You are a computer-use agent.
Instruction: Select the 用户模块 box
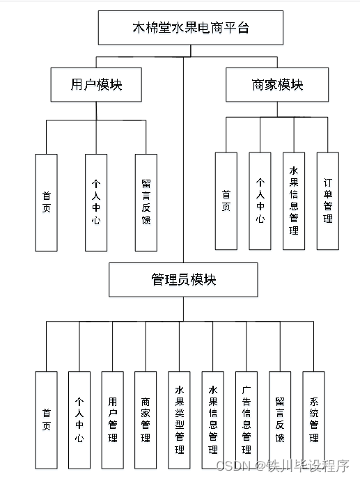point(96,84)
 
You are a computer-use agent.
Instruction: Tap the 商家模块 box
point(277,84)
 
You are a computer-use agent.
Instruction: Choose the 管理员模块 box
point(183,279)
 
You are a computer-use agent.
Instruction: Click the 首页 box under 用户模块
point(46,202)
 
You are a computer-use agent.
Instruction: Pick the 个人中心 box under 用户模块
point(96,202)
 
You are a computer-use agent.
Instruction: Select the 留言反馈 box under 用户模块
point(146,202)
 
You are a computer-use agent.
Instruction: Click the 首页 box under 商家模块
point(226,201)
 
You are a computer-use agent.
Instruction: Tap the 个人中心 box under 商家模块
point(260,201)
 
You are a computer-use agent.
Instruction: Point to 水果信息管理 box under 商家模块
point(293,201)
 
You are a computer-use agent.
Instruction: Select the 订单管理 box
point(327,201)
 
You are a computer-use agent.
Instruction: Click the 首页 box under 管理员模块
point(46,420)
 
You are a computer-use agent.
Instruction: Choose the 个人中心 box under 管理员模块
point(79,420)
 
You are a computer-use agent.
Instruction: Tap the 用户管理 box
point(113,420)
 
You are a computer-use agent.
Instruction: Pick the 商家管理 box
point(146,420)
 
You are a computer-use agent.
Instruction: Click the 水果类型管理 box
point(180,420)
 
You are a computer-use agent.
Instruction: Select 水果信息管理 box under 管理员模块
point(213,420)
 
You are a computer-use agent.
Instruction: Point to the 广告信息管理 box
point(246,420)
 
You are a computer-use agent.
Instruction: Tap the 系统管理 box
point(313,420)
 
